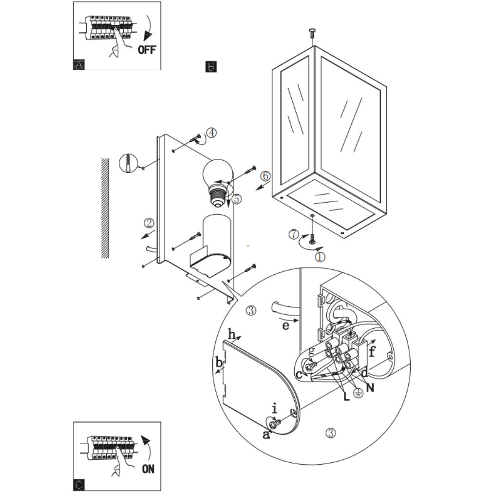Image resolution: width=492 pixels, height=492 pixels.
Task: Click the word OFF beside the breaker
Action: pyautogui.click(x=147, y=50)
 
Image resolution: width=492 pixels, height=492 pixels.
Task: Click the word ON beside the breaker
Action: pyautogui.click(x=148, y=469)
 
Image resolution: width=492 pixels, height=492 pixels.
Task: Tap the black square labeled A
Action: pyautogui.click(x=79, y=65)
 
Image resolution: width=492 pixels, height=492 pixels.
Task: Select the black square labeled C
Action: pyautogui.click(x=79, y=485)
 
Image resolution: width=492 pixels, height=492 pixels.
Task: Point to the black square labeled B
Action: pyautogui.click(x=211, y=67)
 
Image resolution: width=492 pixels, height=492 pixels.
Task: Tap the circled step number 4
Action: pyautogui.click(x=211, y=132)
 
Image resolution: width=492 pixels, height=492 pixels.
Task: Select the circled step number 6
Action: pyautogui.click(x=265, y=176)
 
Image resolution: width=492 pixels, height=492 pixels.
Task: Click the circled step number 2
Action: pyautogui.click(x=149, y=223)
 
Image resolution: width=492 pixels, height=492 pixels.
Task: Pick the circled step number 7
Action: pyautogui.click(x=293, y=234)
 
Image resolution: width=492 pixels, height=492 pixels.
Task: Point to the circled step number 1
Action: pyautogui.click(x=320, y=256)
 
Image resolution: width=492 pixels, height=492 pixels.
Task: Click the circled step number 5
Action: pyautogui.click(x=237, y=199)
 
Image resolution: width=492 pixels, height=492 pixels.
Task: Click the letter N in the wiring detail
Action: pyautogui.click(x=371, y=388)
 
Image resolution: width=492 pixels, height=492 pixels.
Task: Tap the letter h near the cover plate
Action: pyautogui.click(x=232, y=335)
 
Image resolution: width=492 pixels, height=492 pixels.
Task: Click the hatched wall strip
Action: pyautogui.click(x=104, y=208)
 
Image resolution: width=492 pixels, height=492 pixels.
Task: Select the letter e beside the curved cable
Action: pyautogui.click(x=286, y=325)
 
